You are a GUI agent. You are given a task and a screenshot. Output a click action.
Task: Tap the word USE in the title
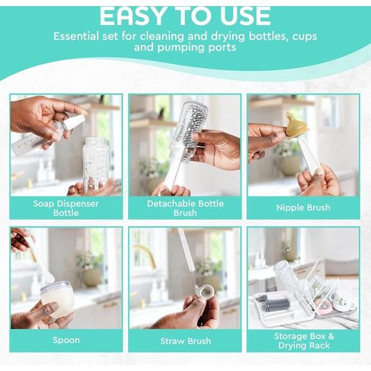[x=246, y=17]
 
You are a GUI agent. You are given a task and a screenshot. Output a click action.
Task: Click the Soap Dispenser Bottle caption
[x=66, y=208]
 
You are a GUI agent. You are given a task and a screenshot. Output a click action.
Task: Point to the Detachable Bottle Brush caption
[x=185, y=208]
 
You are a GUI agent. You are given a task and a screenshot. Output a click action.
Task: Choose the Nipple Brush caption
[x=303, y=208]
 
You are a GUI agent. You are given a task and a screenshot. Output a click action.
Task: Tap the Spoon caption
[x=66, y=340]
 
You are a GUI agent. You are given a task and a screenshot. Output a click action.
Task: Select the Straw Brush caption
[x=185, y=341]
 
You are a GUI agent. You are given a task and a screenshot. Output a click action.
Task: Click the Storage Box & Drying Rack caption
[x=304, y=341]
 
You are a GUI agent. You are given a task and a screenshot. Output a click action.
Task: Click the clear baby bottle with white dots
[x=95, y=163]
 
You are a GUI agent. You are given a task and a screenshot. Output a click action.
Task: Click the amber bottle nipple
[x=295, y=127]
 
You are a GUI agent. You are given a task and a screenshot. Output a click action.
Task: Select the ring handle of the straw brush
[x=199, y=290]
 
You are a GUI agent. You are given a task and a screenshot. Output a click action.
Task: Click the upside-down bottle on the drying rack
[x=286, y=277]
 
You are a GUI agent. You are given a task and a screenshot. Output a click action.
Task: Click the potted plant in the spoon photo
[x=90, y=270]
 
